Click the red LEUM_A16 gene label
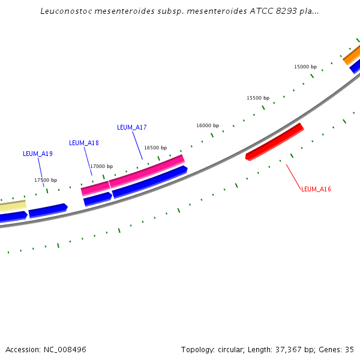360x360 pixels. tap(316, 189)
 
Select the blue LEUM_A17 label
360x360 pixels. tap(132, 127)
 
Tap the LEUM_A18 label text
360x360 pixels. tap(84, 143)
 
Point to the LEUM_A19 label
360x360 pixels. tap(38, 154)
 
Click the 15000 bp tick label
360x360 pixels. tap(305, 67)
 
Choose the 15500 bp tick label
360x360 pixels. tap(258, 98)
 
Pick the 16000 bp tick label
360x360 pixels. tap(208, 125)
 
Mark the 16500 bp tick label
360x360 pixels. tap(155, 148)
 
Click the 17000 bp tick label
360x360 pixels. tap(101, 166)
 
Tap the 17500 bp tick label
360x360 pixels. tap(46, 180)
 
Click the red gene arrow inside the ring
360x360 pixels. tap(275, 142)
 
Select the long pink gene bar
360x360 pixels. tap(146, 170)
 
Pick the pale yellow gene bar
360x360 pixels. tap(13, 205)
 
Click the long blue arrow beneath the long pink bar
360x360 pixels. tap(150, 182)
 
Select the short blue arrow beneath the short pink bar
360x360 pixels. tap(98, 199)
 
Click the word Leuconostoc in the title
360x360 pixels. tap(66, 11)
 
